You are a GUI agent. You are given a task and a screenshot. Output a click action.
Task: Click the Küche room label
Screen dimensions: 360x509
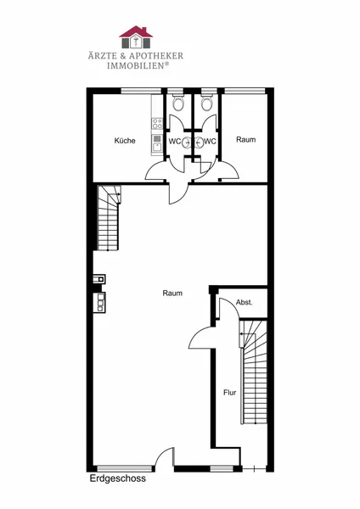pos(125,141)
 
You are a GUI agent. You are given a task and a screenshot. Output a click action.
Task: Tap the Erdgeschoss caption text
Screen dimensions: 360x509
pos(118,478)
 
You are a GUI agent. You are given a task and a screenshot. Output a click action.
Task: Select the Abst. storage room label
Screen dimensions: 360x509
pos(245,303)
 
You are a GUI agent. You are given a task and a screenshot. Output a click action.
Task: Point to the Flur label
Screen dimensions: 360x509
pos(230,393)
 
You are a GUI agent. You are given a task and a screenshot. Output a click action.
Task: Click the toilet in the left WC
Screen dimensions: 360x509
pos(177,103)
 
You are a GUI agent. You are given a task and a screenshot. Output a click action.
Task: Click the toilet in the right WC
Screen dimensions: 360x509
pos(206,103)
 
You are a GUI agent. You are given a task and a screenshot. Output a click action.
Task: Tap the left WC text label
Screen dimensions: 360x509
pos(175,142)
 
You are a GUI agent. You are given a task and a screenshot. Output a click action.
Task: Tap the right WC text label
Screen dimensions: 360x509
pos(210,142)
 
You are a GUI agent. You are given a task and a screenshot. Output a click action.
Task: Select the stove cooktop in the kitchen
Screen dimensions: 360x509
pos(157,123)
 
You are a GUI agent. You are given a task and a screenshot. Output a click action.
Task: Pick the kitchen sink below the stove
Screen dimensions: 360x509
pos(157,144)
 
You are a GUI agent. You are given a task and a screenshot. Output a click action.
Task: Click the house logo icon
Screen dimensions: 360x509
pos(136,37)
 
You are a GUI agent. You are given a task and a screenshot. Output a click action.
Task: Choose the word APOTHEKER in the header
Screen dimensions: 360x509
pos(156,55)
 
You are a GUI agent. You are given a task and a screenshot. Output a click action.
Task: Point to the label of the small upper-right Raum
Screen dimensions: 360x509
pos(246,140)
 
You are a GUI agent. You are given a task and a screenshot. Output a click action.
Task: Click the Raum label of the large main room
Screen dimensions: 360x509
pos(172,294)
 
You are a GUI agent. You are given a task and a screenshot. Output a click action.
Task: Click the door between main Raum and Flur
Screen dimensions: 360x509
pos(201,338)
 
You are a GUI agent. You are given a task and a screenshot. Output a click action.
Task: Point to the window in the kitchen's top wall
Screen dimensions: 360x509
pos(141,92)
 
